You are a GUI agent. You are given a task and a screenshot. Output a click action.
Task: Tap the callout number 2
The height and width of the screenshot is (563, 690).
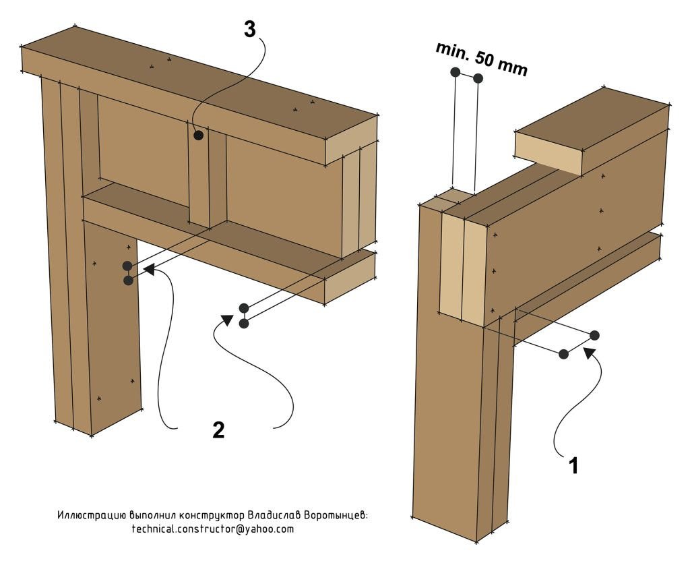coord(218,430)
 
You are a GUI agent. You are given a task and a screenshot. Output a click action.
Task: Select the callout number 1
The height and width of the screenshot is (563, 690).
coord(573,465)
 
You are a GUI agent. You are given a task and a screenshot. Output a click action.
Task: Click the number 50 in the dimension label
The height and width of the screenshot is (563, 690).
coord(484,59)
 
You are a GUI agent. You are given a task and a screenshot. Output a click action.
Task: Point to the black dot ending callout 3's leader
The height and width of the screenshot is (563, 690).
coord(198,136)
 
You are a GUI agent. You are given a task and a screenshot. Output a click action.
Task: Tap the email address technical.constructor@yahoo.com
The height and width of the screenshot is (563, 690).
coord(213,529)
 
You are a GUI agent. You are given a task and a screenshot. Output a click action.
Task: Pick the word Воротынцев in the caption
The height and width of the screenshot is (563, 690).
coord(336,515)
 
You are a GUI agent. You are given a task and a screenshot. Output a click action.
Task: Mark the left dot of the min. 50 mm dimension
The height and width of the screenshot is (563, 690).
coord(456,72)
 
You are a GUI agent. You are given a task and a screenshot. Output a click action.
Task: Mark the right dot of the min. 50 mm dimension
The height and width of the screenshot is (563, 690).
coord(478,78)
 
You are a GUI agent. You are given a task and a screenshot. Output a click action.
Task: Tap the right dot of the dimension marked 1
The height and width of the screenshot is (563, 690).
coord(594,335)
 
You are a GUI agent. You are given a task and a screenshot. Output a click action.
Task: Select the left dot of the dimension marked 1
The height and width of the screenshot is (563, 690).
coord(563,354)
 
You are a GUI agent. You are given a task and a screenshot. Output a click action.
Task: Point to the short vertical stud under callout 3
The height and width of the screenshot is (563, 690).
coord(198,179)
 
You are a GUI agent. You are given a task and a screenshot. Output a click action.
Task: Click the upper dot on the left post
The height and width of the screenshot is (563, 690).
coord(127,266)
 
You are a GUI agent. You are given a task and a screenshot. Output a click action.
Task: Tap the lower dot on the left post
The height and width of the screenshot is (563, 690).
coord(128,280)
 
